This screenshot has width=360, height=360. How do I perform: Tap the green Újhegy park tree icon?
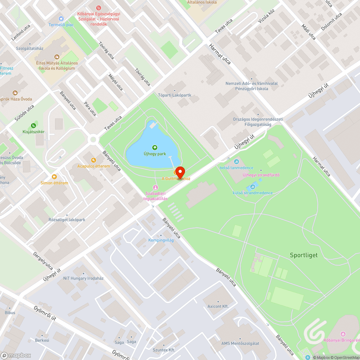[x=155, y=147]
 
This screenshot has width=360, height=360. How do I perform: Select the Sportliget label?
[x=304, y=255]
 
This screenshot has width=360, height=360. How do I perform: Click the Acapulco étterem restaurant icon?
[x=94, y=160]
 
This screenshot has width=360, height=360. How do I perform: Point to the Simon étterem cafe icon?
[x=54, y=177]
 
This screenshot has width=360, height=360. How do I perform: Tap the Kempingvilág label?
[x=161, y=240]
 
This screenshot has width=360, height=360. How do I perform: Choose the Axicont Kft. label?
[x=218, y=306]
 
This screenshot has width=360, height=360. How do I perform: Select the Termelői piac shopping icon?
[x=61, y=18]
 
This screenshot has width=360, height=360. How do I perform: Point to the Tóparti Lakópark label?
[x=175, y=95]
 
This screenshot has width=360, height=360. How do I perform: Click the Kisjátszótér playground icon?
[x=33, y=126]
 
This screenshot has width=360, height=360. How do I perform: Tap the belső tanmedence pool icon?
[x=237, y=162]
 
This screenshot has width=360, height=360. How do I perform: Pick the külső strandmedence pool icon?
[x=252, y=187]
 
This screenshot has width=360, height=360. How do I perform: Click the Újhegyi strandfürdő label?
[x=261, y=175]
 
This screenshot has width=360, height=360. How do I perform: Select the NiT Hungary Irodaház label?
[x=83, y=278]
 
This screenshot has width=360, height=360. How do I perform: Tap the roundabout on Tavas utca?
[x=94, y=139]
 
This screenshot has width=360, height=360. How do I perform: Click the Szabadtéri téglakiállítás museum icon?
[x=156, y=187]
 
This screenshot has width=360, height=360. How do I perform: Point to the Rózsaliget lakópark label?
[x=67, y=220]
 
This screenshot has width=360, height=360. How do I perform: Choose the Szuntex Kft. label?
[x=164, y=350]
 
